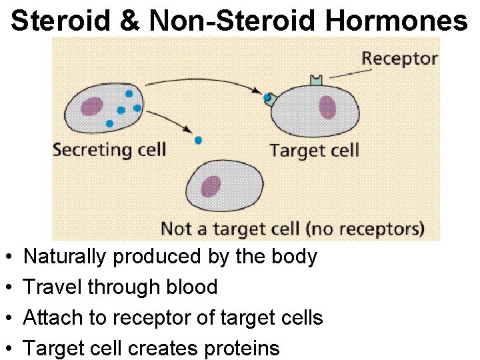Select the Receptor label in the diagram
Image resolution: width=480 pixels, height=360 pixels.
[399, 58]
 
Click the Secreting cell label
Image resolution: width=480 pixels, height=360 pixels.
[109, 149]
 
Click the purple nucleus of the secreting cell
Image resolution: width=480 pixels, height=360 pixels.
[91, 107]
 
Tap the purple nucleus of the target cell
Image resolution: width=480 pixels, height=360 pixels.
[327, 107]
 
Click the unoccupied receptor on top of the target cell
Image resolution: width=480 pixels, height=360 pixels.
[315, 81]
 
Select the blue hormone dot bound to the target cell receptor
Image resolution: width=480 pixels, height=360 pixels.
[267, 98]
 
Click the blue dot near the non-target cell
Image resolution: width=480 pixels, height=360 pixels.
[198, 140]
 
